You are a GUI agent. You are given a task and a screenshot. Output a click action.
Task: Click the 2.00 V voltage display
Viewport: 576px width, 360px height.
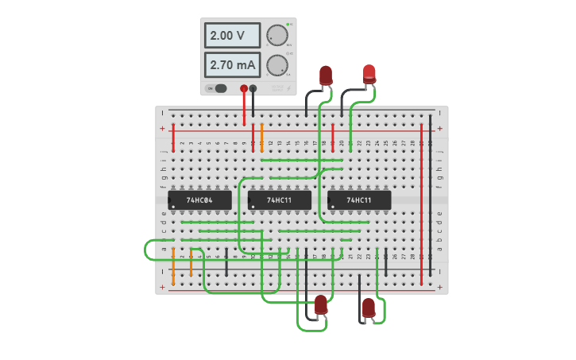click(x=232, y=35)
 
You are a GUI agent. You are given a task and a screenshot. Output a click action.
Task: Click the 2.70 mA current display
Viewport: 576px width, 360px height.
click(x=232, y=64)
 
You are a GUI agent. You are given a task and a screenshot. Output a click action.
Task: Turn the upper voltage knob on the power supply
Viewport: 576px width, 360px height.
click(x=276, y=35)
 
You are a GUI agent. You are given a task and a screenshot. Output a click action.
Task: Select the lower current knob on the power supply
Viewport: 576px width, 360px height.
click(x=276, y=64)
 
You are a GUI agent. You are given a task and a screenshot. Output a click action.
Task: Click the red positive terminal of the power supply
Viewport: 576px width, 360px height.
click(x=244, y=89)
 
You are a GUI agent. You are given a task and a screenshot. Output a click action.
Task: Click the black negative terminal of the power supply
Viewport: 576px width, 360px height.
click(x=253, y=89)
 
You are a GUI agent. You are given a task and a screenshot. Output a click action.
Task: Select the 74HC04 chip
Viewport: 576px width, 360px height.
click(x=199, y=200)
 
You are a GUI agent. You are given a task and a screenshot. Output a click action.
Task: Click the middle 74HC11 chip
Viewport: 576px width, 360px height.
click(x=279, y=200)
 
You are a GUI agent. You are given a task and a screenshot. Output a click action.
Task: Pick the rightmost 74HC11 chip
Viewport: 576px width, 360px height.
click(x=359, y=200)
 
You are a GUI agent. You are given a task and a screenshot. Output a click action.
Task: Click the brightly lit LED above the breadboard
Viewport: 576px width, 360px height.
click(x=369, y=74)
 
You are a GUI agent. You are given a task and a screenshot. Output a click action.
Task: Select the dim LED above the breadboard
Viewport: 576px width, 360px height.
click(x=326, y=75)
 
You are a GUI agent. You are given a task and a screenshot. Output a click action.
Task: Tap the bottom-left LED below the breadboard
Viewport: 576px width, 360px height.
click(x=321, y=304)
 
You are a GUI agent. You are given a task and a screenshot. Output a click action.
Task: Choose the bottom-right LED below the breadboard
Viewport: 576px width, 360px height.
click(x=369, y=308)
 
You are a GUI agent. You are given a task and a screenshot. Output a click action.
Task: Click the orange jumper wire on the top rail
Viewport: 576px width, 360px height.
click(x=261, y=137)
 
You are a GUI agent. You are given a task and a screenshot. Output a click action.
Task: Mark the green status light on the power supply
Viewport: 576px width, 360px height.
click(x=288, y=25)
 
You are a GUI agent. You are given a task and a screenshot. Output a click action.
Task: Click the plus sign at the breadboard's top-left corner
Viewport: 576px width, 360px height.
click(x=163, y=128)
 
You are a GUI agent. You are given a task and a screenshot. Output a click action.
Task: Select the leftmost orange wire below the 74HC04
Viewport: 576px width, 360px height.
click(x=173, y=265)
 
